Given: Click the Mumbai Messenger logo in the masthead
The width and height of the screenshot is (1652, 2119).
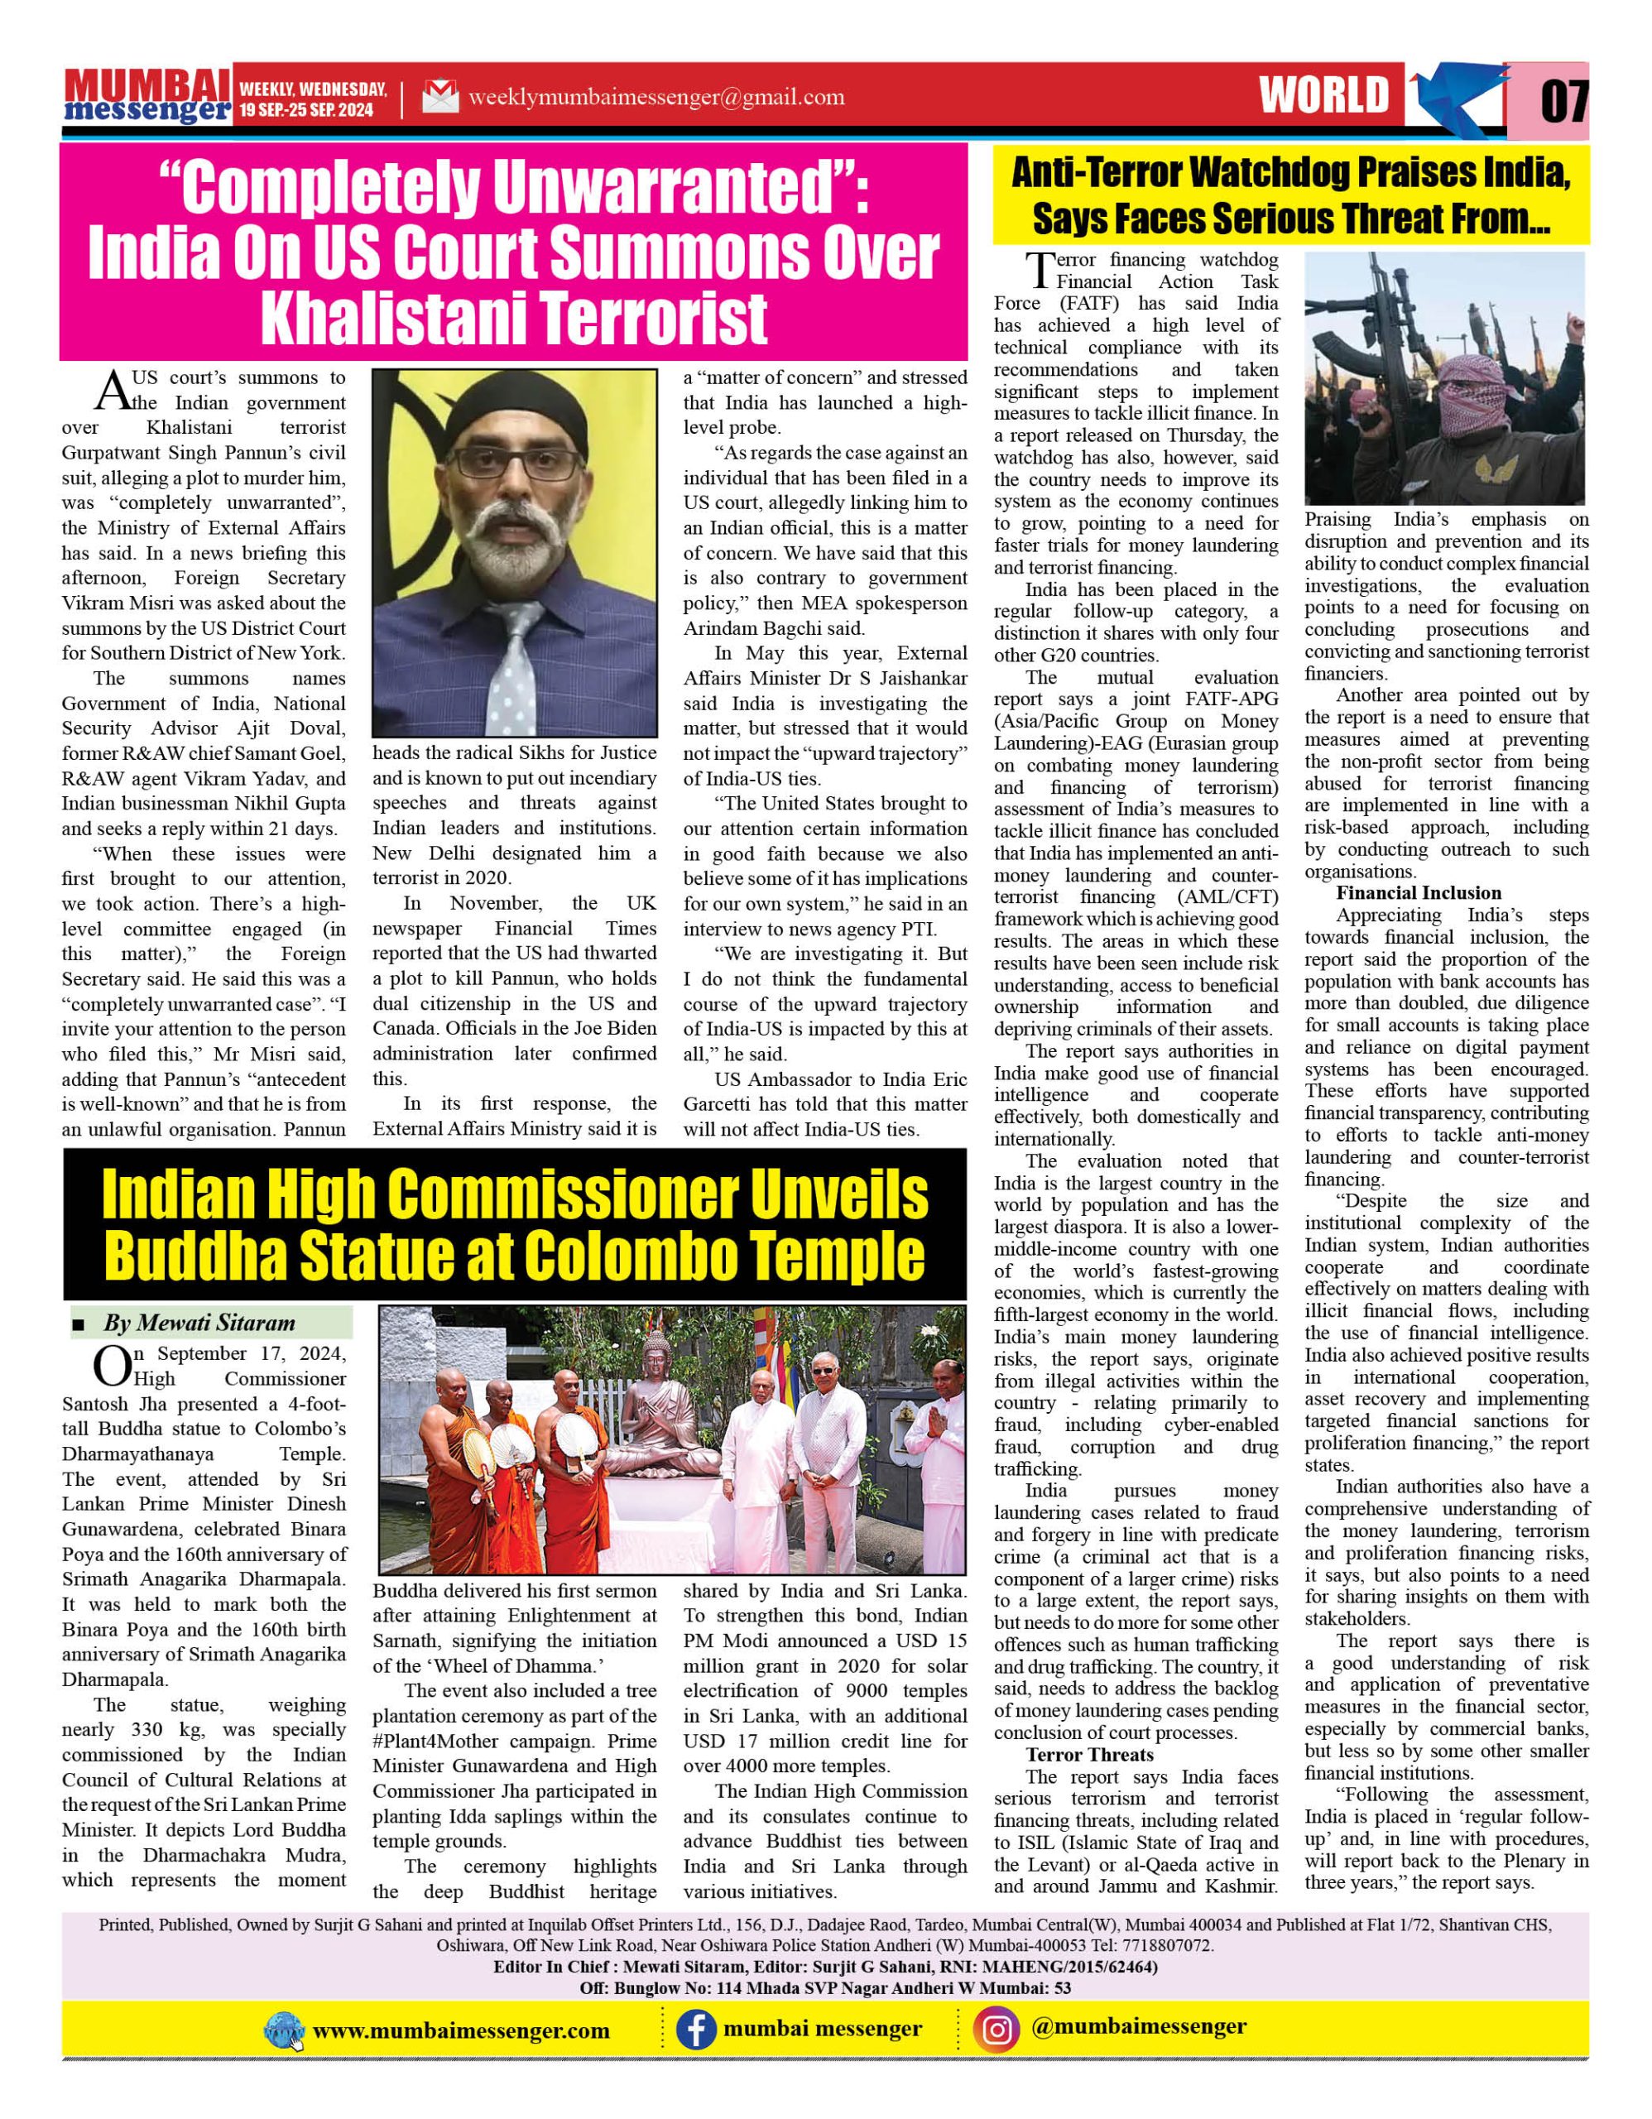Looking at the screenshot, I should click(x=147, y=96).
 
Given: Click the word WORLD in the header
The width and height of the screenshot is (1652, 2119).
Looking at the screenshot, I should click(x=1324, y=95).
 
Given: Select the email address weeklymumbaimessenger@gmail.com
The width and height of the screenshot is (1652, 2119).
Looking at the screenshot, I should click(x=656, y=97).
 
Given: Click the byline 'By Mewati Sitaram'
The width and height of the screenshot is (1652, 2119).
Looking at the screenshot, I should click(x=199, y=1324).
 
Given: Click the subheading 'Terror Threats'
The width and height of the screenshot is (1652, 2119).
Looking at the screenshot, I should click(x=1089, y=1754).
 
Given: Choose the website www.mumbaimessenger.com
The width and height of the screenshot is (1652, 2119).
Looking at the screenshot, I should click(x=462, y=2030).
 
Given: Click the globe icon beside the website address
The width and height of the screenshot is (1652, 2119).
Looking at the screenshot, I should click(x=284, y=2030).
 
